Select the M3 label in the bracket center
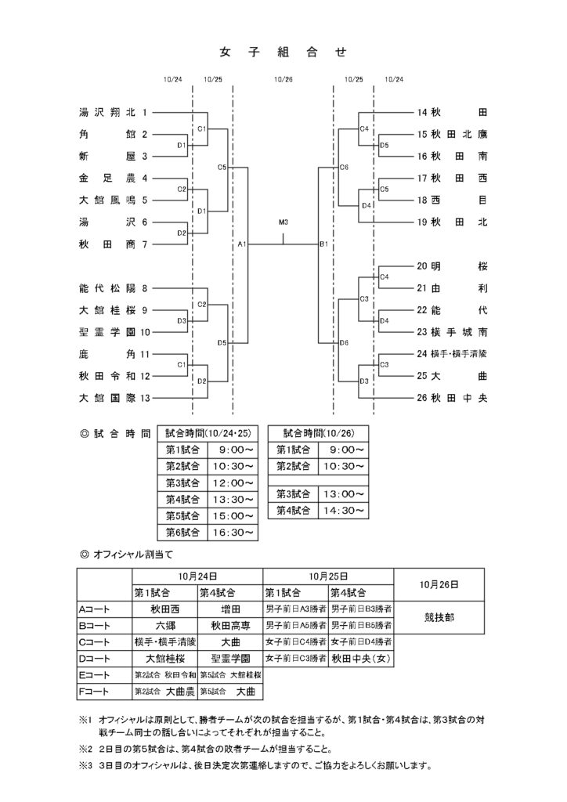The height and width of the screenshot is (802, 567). pyautogui.click(x=283, y=222)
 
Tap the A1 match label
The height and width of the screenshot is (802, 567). pyautogui.click(x=242, y=245)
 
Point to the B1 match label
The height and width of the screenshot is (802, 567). pyautogui.click(x=323, y=245)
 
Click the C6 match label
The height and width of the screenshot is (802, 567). pyautogui.click(x=344, y=168)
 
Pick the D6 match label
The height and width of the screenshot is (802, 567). pyautogui.click(x=344, y=343)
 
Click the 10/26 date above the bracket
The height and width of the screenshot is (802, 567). pyautogui.click(x=283, y=79)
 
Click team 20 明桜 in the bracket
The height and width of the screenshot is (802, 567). pyautogui.click(x=453, y=266)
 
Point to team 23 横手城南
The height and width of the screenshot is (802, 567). pyautogui.click(x=453, y=332)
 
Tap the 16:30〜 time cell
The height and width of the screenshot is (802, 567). pyautogui.click(x=232, y=532)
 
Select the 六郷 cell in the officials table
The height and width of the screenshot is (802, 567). pyautogui.click(x=164, y=626)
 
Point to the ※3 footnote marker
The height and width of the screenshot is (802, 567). pyautogui.click(x=85, y=766)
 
